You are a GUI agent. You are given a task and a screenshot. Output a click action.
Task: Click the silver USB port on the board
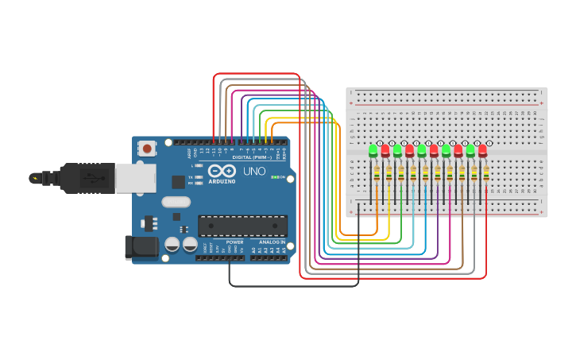(x=135, y=178)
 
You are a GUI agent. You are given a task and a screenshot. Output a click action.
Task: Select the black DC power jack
(x=141, y=246)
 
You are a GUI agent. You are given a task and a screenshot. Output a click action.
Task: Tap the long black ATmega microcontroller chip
(x=242, y=226)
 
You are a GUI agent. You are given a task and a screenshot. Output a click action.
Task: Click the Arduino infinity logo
(x=222, y=171)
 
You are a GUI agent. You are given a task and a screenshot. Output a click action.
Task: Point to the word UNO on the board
(x=254, y=171)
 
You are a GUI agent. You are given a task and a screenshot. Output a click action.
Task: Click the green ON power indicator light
(x=274, y=177)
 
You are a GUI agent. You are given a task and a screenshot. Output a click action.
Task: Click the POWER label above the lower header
(x=234, y=242)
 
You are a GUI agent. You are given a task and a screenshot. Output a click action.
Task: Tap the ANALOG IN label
(x=271, y=242)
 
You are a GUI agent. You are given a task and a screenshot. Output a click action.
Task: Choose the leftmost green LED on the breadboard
(x=373, y=150)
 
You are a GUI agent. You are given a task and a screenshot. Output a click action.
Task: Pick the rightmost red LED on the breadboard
(x=482, y=150)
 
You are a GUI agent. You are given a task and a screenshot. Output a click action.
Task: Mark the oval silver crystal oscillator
(x=176, y=202)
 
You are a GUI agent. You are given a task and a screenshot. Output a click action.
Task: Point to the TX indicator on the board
(x=192, y=177)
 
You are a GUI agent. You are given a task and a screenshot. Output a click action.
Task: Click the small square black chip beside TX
(x=178, y=182)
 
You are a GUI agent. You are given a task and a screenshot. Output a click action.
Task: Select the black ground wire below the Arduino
(x=294, y=285)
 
